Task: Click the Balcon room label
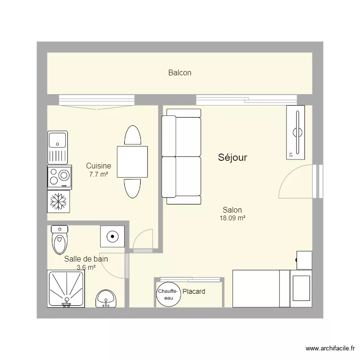coord(180,73)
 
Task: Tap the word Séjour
coord(232,157)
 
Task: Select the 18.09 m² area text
coord(232,218)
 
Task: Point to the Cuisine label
coord(98,166)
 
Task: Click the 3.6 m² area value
coord(86,267)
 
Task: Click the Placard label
coord(194,291)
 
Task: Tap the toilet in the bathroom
coord(60,240)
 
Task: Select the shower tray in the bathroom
coord(66,288)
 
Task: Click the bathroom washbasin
coord(105,299)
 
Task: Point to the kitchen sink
coord(59,147)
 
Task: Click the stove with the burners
coord(59,176)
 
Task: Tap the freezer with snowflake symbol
coord(59,201)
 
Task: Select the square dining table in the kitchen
coord(132,162)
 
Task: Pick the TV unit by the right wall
coord(296,132)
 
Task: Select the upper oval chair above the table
coord(132,135)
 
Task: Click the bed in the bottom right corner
coord(272,288)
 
